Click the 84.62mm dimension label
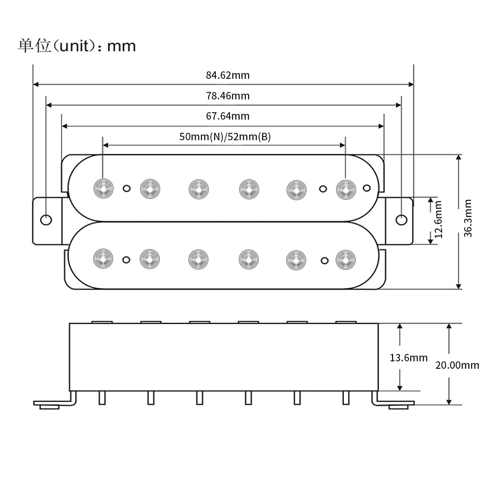tap(228, 75)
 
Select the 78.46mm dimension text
tap(228, 96)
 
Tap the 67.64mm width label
tap(228, 116)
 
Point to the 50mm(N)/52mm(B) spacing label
tap(225, 137)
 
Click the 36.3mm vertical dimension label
tap(468, 218)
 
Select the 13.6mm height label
tap(409, 358)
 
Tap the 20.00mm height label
tap(457, 365)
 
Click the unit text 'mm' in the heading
tap(121, 46)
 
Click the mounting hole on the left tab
tap(46, 220)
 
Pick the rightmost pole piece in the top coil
tap(345, 189)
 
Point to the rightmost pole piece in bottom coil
tap(345, 259)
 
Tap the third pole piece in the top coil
tap(198, 189)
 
